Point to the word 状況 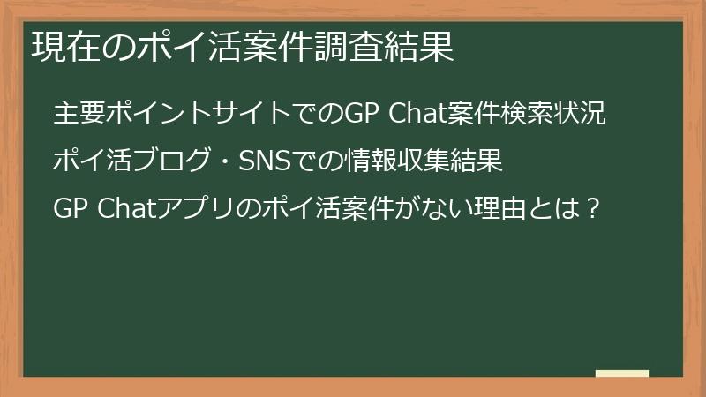[583, 115]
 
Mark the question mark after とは [594, 209]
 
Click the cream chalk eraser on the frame [622, 373]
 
